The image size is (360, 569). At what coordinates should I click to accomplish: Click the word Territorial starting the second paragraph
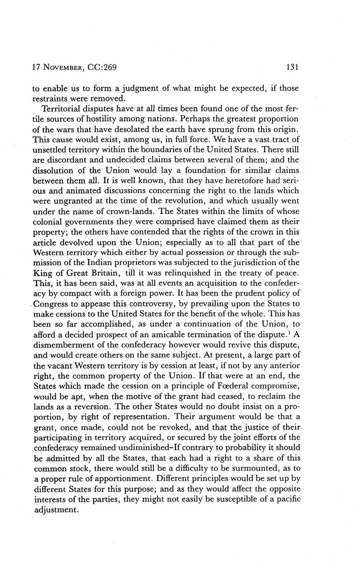[x=62, y=109]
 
